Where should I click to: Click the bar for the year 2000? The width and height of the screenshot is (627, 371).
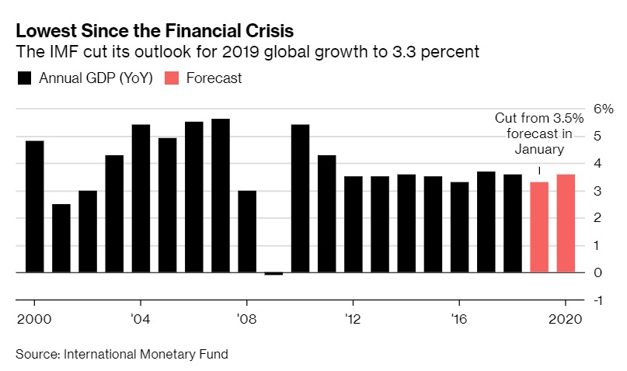click(x=35, y=206)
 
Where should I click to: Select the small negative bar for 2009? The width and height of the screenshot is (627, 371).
click(x=273, y=273)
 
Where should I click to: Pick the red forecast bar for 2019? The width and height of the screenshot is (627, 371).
click(x=539, y=227)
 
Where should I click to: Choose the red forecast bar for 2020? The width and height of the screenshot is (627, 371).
click(x=566, y=224)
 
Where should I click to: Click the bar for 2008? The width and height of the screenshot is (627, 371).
click(x=247, y=231)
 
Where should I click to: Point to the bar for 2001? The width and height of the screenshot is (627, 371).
click(x=61, y=238)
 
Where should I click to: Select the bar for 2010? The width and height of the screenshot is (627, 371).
click(x=300, y=199)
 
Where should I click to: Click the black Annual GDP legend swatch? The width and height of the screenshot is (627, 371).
click(x=23, y=78)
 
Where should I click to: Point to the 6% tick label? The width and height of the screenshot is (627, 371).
click(x=603, y=109)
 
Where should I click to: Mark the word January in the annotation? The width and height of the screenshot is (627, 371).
click(x=539, y=148)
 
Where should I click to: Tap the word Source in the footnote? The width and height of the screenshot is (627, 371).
click(x=34, y=355)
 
